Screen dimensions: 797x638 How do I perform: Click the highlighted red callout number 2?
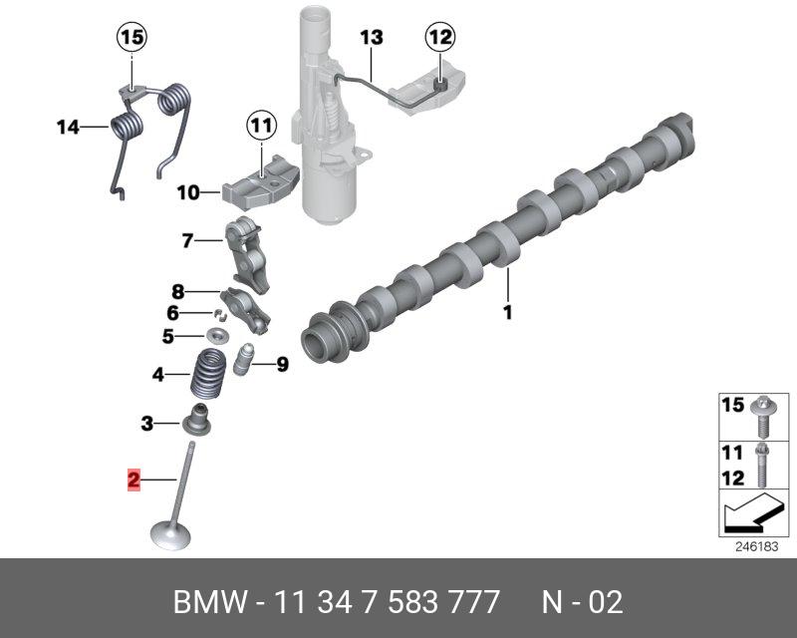[x=133, y=480]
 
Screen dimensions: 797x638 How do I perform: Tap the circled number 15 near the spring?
[x=132, y=38]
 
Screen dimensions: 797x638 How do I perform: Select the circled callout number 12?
[x=439, y=38]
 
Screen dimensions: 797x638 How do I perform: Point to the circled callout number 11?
[x=260, y=127]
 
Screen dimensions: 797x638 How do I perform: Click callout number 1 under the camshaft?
[x=506, y=313]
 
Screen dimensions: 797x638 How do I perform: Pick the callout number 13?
[x=371, y=38]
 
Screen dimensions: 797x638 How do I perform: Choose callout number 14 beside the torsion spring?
[x=68, y=127]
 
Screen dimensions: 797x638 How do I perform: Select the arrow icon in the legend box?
[x=748, y=514]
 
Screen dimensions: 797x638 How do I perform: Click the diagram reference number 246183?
[x=755, y=547]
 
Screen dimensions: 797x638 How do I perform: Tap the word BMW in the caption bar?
[x=207, y=602]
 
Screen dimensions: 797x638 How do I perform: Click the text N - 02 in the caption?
[x=582, y=602]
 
